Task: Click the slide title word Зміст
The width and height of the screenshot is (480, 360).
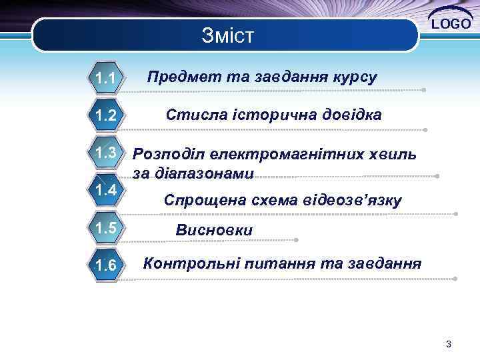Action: pos(227,35)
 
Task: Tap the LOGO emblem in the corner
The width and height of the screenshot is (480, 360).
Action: pos(451,23)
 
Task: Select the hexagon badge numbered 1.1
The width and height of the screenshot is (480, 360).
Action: pos(106,80)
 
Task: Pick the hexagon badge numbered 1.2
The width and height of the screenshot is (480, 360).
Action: pos(106,116)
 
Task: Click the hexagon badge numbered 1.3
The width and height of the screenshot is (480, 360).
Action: pos(106,153)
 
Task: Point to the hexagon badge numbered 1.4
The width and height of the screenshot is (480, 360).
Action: pos(106,191)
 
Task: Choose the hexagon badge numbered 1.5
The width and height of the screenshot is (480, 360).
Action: pos(106,229)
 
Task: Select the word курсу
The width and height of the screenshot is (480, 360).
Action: pos(354,77)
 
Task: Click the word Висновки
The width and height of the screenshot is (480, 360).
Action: pos(214,230)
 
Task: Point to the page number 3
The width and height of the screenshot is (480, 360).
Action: pos(449,344)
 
